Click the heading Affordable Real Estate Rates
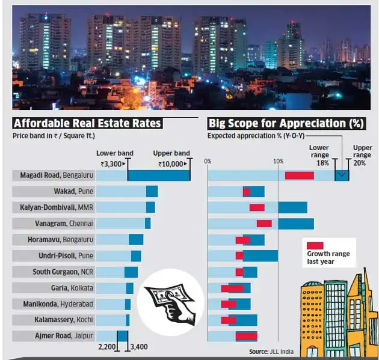click(x=87, y=123)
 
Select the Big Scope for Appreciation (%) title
click(x=286, y=123)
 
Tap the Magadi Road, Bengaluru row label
click(x=54, y=175)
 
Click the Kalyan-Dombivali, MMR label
click(x=55, y=207)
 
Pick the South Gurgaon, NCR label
click(x=63, y=272)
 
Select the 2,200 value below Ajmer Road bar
click(x=106, y=347)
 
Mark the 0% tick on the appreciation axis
click(x=208, y=160)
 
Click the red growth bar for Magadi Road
click(x=299, y=175)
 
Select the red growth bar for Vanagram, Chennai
click(x=264, y=224)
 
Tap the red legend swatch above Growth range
click(x=315, y=245)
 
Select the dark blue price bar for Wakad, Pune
click(x=152, y=191)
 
